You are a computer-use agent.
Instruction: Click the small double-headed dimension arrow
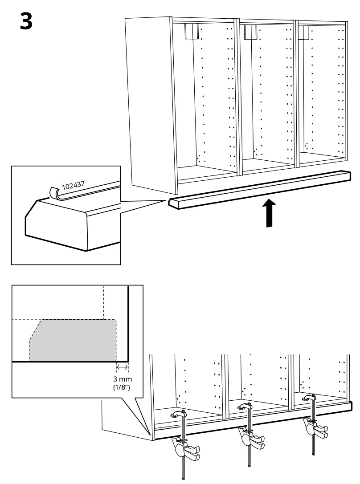pos(122,368)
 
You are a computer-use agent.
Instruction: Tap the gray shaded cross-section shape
pos(74,340)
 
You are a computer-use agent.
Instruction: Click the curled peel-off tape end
pos(53,192)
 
